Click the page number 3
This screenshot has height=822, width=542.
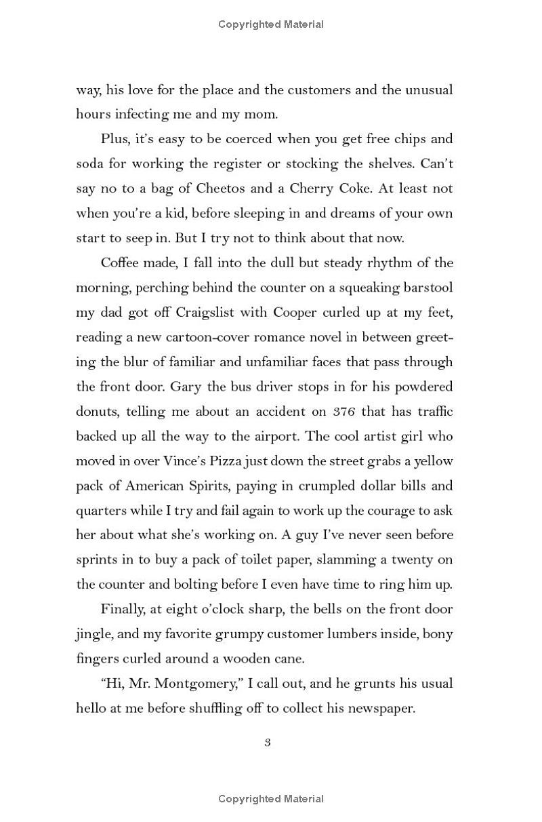(x=268, y=742)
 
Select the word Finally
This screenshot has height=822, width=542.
(x=122, y=609)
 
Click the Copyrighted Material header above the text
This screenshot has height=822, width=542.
(x=271, y=24)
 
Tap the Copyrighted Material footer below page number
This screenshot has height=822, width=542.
(x=271, y=799)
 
